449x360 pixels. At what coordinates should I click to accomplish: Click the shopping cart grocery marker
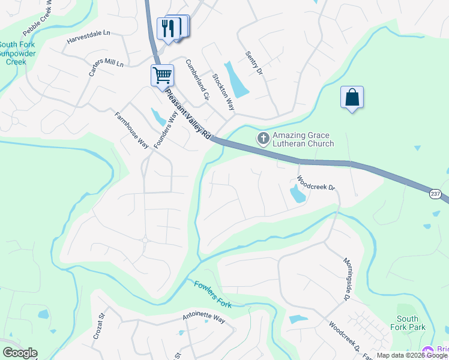162,76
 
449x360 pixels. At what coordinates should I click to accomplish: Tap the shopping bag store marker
352,97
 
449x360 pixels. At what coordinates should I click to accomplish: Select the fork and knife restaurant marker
169,28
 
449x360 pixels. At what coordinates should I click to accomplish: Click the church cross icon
263,139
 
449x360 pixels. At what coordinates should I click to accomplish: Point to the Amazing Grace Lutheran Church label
303,139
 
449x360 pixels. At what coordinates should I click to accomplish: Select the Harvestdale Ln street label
89,38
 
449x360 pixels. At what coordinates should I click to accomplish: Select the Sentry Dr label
254,63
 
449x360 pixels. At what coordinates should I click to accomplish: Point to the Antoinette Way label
203,319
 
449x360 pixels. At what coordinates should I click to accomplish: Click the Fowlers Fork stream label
213,293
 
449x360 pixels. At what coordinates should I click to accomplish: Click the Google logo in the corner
19,353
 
